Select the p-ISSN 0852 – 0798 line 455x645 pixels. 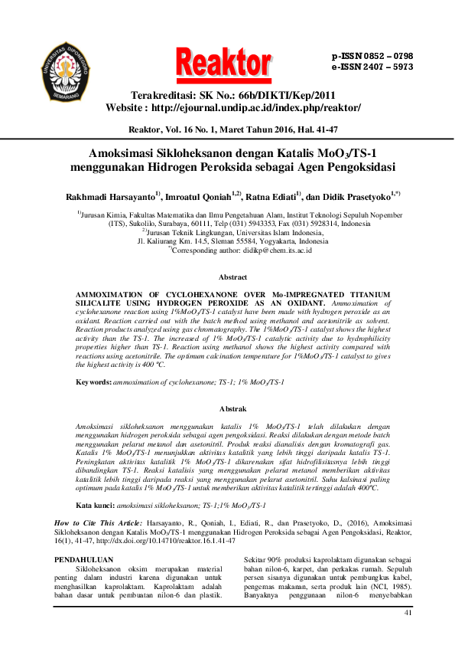[372, 57]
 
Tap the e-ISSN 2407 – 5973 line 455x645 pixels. [372, 67]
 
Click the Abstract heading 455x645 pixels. [232, 277]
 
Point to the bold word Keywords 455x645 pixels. [93, 381]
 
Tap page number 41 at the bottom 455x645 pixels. [407, 613]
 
